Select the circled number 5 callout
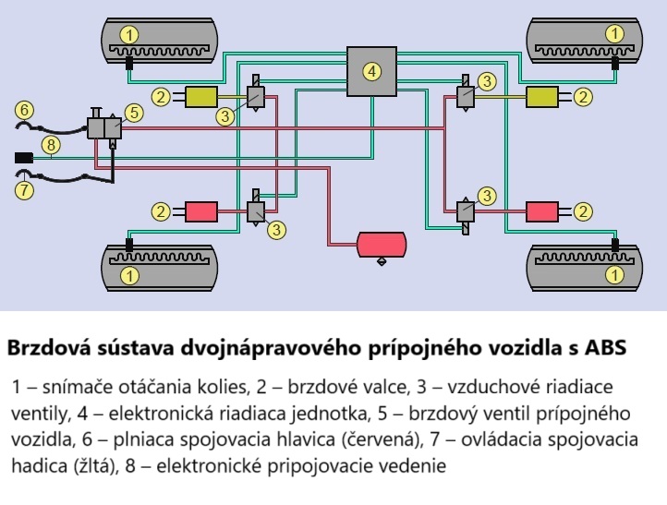134,113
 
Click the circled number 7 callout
25,190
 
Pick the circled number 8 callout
51,145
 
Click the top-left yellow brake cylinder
200,95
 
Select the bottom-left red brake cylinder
200,211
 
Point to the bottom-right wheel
582,266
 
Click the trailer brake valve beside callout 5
103,127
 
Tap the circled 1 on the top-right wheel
615,33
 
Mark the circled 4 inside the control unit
370,71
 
